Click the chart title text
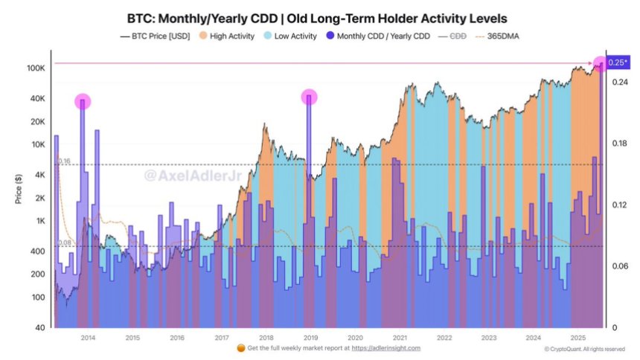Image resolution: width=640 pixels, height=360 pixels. [x=319, y=16]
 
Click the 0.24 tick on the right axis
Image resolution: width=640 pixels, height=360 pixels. [x=618, y=83]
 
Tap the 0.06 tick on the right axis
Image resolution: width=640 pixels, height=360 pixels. [x=618, y=266]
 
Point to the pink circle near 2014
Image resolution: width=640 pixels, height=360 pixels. [x=83, y=101]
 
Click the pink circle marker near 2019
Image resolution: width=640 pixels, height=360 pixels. [x=309, y=97]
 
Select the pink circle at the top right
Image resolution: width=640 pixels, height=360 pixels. [x=601, y=64]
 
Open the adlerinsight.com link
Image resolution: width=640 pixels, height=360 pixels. [x=386, y=348]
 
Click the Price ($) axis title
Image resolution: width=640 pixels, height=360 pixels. [x=18, y=190]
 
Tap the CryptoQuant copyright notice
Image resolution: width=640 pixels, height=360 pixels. [x=583, y=348]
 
